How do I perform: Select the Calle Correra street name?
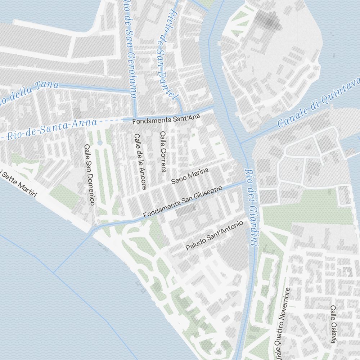[163, 151]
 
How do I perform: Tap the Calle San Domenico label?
[89, 175]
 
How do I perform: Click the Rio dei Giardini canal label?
[251, 207]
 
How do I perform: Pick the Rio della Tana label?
[29, 92]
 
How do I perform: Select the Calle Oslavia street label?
[334, 324]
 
